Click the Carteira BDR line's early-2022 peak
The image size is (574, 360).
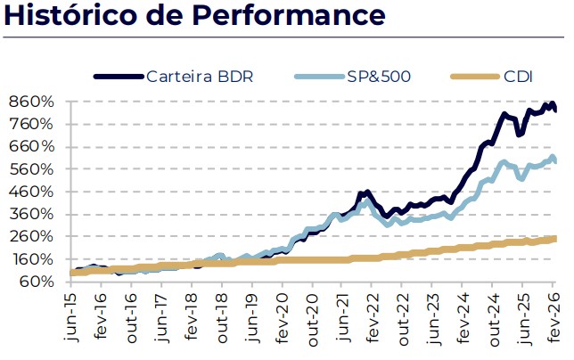coord(365,192)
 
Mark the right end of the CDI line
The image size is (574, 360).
coord(555,238)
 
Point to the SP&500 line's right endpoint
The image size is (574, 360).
coord(555,160)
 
